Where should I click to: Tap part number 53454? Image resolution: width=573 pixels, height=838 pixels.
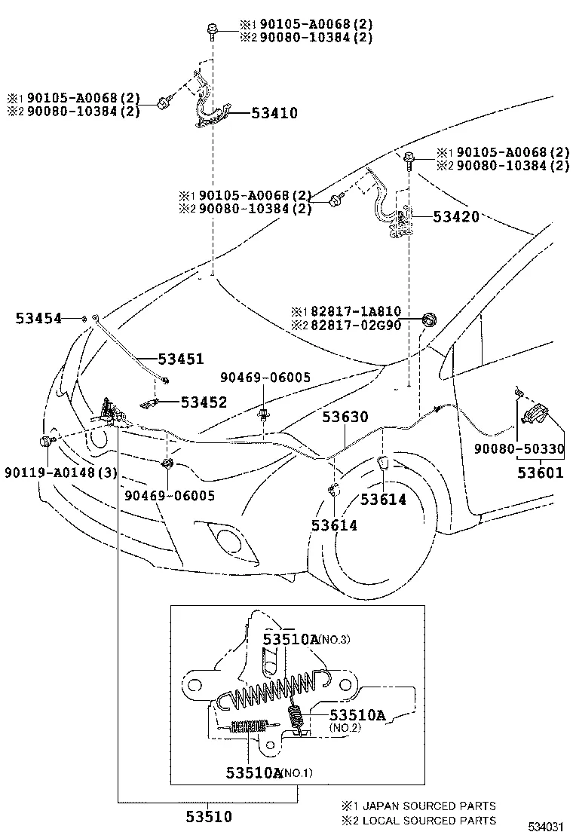[38, 319]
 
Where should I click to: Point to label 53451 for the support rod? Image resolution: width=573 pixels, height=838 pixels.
[180, 359]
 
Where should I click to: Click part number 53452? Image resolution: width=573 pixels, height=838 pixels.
[204, 403]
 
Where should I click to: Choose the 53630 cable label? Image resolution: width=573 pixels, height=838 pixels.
[346, 417]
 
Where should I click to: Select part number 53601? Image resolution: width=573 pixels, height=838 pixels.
[539, 473]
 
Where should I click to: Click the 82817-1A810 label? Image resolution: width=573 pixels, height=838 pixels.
[357, 311]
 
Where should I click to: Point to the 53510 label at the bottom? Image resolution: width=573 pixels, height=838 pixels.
[209, 816]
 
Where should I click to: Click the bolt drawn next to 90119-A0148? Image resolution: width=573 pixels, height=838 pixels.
[48, 441]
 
